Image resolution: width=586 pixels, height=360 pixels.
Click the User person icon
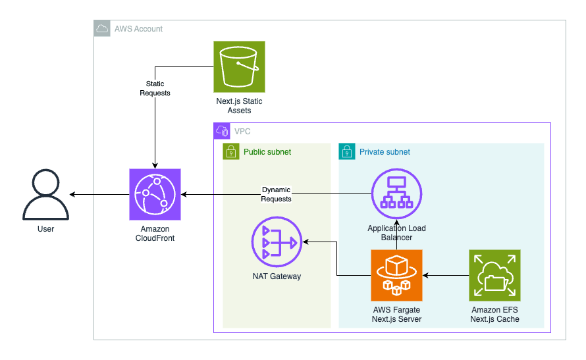(45, 195)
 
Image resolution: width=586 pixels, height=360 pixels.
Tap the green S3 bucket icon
(239, 66)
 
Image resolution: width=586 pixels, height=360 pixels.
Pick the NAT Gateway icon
(277, 243)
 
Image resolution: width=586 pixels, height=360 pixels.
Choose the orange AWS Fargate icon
(396, 274)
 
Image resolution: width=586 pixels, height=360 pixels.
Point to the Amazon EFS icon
(494, 274)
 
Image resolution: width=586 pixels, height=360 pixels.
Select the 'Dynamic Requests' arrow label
(276, 194)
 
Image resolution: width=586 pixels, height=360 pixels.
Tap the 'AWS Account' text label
(138, 29)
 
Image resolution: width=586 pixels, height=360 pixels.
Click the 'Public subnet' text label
(267, 152)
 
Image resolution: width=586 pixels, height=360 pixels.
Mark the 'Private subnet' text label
(385, 152)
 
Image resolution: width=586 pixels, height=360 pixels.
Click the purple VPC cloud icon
(221, 131)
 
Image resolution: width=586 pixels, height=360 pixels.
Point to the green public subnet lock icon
(231, 152)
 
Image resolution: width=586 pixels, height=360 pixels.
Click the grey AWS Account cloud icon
(102, 28)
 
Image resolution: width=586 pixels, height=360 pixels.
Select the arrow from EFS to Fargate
(446, 274)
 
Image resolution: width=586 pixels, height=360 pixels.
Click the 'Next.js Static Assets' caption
(239, 106)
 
